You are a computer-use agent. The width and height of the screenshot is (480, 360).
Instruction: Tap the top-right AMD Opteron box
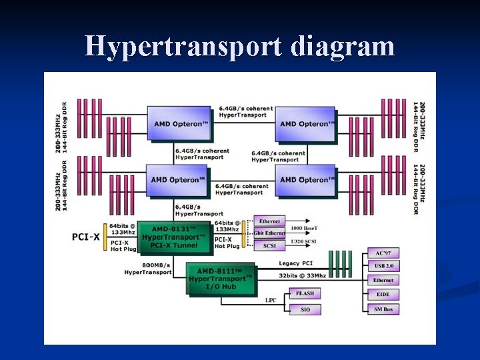[x=305, y=124]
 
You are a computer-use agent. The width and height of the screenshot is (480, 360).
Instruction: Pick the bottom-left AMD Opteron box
[x=176, y=179]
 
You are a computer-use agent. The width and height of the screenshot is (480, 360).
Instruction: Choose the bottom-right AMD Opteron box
[x=305, y=179]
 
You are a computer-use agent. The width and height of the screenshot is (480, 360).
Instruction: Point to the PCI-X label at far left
[x=87, y=237]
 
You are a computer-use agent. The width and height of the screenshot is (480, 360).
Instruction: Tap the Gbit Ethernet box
[x=269, y=233]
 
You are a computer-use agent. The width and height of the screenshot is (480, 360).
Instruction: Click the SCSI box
[x=269, y=245]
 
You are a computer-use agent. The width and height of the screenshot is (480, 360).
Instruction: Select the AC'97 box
[x=383, y=254]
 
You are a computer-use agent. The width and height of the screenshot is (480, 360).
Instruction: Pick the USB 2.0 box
[x=383, y=267]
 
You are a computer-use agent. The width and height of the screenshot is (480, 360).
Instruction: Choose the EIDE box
[x=383, y=295]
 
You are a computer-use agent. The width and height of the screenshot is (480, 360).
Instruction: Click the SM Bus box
[x=383, y=309]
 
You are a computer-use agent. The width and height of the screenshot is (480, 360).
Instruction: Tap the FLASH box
[x=305, y=294]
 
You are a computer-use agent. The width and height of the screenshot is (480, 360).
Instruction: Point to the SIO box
[x=305, y=309]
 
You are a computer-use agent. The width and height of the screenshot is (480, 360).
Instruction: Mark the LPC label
[x=270, y=301]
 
